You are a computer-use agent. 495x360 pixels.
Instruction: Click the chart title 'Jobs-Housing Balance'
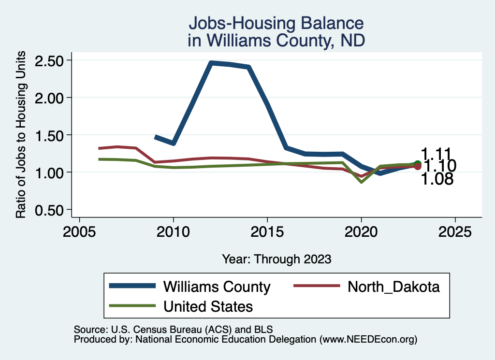pyautogui.click(x=276, y=23)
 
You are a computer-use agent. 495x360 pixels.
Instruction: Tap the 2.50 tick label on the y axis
pyautogui.click(x=50, y=60)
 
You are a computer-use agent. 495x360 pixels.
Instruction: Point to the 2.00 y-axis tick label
pyautogui.click(x=50, y=98)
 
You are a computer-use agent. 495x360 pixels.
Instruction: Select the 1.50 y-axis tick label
pyautogui.click(x=50, y=135)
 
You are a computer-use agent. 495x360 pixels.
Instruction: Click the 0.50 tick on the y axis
pyautogui.click(x=50, y=210)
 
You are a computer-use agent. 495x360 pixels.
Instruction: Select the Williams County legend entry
pyautogui.click(x=217, y=287)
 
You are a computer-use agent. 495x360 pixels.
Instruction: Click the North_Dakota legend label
pyautogui.click(x=393, y=287)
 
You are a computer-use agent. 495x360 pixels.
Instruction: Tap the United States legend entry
pyautogui.click(x=208, y=306)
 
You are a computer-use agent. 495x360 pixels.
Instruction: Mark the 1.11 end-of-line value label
pyautogui.click(x=437, y=154)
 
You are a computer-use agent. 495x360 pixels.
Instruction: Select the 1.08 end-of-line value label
pyautogui.click(x=437, y=180)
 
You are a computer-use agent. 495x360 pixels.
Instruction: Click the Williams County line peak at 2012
pyautogui.click(x=211, y=63)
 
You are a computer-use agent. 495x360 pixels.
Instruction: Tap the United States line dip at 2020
pyautogui.click(x=361, y=182)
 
